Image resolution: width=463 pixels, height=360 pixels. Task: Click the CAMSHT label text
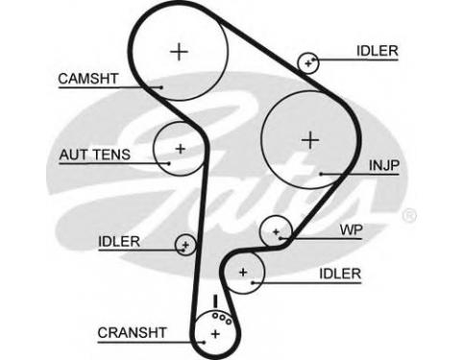88,79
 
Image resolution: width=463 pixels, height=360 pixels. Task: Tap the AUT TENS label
95,155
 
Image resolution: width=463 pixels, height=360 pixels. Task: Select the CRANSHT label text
132,333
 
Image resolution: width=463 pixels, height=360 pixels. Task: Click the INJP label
384,165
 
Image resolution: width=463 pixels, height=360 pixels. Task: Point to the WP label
351,229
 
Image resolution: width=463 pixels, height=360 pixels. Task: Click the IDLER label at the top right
378,51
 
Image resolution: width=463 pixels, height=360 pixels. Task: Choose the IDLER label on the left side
119,242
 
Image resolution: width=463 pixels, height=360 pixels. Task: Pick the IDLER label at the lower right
340,274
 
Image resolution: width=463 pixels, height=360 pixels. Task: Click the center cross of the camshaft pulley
179,52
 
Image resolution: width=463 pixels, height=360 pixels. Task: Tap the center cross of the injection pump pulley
310,140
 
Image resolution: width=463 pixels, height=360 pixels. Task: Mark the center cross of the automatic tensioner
181,149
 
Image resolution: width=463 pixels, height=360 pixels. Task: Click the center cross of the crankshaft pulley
216,334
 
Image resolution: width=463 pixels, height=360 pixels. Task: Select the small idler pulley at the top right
308,63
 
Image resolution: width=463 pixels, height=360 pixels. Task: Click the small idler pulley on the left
185,245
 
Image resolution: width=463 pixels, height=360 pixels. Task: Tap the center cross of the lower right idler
243,273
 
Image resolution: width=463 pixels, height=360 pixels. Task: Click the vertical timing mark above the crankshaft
215,301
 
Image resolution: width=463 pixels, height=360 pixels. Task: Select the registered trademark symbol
409,216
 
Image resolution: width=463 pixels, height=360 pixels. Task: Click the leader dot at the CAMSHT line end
161,87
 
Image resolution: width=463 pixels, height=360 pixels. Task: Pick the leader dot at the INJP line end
321,174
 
